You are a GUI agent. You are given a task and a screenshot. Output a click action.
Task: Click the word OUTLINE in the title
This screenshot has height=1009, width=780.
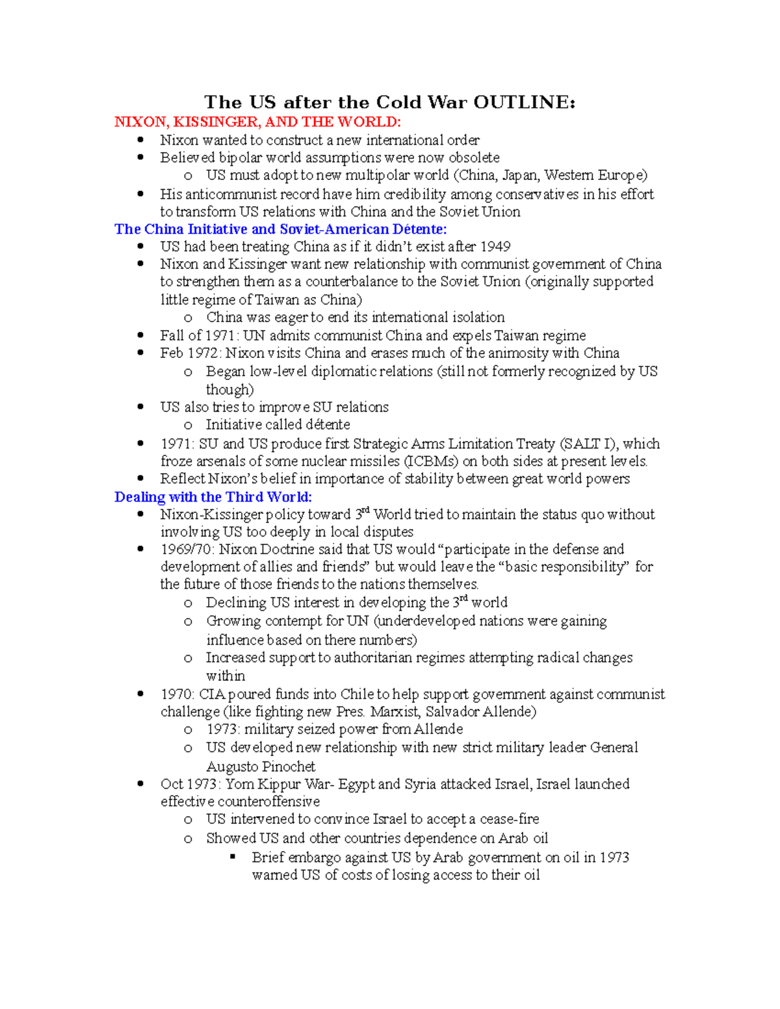pos(524,103)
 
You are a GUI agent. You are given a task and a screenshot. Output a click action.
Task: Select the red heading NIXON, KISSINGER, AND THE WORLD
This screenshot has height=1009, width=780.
pos(257,122)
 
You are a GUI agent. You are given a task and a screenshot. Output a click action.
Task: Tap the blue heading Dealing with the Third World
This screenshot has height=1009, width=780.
pos(213,497)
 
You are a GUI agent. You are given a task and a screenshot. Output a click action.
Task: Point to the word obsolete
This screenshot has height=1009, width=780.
pos(474,158)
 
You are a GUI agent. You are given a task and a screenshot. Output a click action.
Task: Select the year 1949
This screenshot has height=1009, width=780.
pos(495,247)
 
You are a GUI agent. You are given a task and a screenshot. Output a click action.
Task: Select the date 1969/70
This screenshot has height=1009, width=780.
pos(187,550)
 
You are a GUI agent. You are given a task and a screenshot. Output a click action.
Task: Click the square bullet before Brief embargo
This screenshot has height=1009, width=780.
pos(233,857)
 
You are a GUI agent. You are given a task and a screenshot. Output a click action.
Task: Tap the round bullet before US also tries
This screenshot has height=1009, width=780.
pos(140,407)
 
